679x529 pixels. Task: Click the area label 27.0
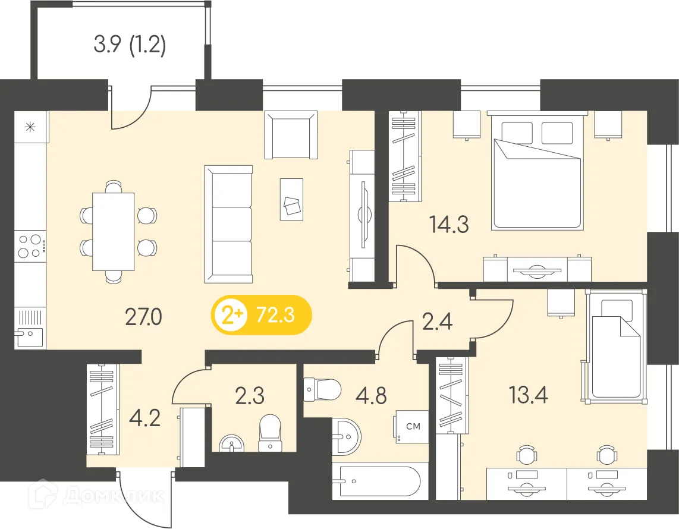(143, 318)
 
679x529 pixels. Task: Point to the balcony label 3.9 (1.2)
(130, 45)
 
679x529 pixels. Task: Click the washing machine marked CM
(410, 427)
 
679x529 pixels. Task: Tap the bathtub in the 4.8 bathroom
(379, 482)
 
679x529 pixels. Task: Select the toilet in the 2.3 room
(270, 433)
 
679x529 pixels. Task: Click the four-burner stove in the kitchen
(31, 246)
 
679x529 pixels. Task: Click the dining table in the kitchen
(114, 231)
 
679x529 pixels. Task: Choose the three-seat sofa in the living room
(228, 224)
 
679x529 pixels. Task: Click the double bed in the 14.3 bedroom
(536, 172)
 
